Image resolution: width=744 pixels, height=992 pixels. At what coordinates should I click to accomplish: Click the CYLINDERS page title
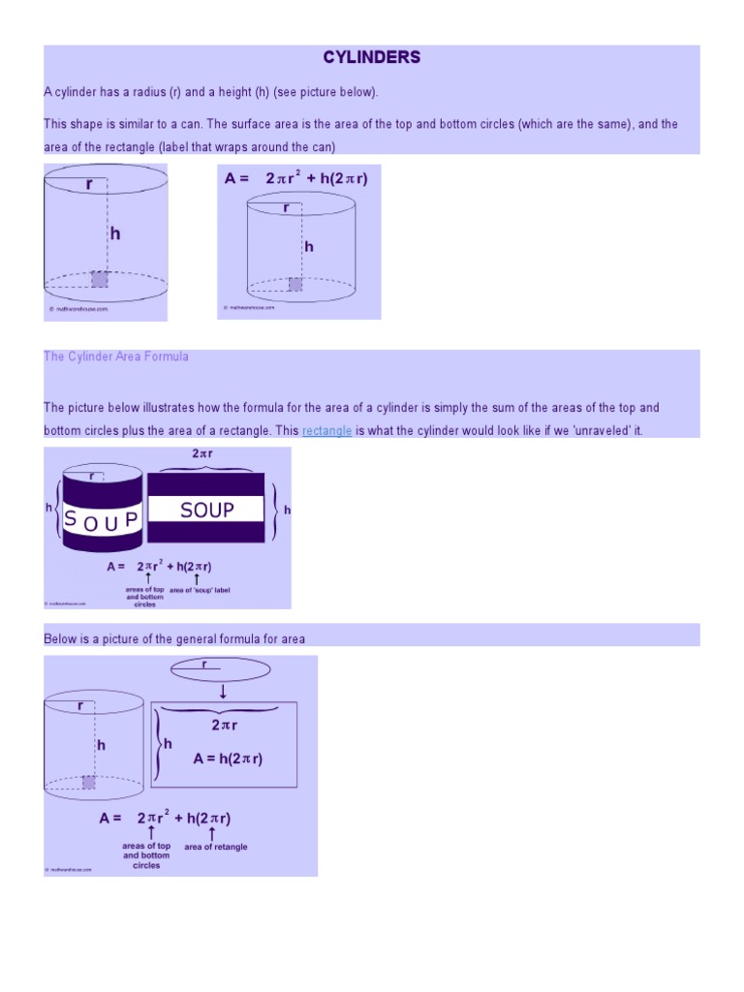tap(372, 57)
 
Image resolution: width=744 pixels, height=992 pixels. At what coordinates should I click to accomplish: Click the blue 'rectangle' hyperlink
tap(326, 430)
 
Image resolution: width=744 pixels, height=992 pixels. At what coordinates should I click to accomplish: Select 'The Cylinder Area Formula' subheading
tap(116, 356)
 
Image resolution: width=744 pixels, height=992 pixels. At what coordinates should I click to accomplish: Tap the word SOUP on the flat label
tap(206, 510)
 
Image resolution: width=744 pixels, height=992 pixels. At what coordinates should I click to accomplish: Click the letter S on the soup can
tap(70, 519)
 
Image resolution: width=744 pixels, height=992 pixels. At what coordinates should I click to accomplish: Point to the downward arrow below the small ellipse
tap(223, 691)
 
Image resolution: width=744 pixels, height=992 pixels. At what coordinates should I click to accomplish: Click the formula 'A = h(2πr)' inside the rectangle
tap(228, 759)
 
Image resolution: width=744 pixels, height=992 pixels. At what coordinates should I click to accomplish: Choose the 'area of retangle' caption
tap(215, 847)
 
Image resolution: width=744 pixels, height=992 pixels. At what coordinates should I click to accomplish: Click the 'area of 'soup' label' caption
tap(199, 590)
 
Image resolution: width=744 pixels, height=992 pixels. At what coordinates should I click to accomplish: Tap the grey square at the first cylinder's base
tap(99, 279)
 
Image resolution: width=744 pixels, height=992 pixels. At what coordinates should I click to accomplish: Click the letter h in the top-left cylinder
tap(114, 233)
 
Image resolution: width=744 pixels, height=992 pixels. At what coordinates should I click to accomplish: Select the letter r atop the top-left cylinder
tap(88, 182)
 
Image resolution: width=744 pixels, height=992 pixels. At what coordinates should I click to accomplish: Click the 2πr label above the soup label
tap(204, 452)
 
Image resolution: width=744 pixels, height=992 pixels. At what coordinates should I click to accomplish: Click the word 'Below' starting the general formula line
tap(60, 638)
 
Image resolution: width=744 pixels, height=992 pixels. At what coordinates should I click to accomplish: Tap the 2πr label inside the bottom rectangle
tap(224, 725)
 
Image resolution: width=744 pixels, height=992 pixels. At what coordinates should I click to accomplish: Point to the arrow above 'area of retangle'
tap(212, 832)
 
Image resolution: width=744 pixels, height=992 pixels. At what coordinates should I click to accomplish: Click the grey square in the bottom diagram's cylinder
tap(89, 782)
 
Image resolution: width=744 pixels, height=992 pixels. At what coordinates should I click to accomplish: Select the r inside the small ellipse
tap(204, 665)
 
